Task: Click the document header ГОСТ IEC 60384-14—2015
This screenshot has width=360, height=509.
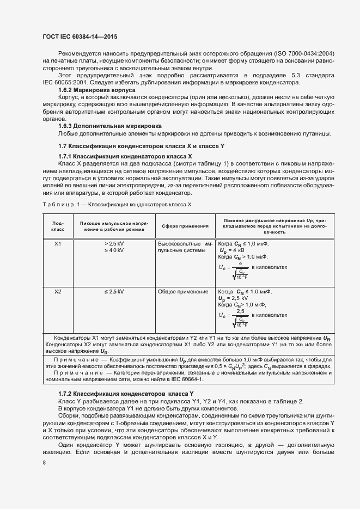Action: [x=80, y=37]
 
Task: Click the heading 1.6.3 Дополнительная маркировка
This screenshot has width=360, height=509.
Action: [x=102, y=125]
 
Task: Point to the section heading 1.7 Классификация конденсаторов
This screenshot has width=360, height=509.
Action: [x=141, y=147]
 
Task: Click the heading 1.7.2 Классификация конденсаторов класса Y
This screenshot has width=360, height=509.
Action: [x=126, y=393]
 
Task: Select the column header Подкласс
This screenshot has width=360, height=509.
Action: [x=58, y=226]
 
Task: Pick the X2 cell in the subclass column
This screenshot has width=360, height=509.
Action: [x=58, y=292]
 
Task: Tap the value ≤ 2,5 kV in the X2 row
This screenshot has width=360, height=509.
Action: [x=114, y=292]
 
